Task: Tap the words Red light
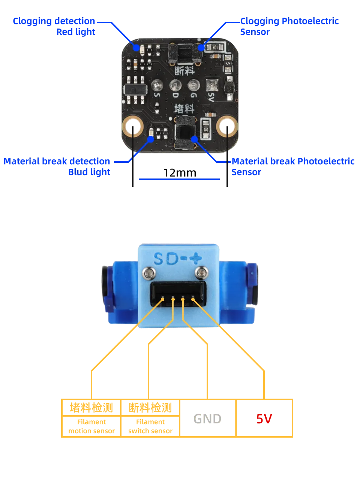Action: pos(76,32)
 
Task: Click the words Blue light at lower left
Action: pos(89,172)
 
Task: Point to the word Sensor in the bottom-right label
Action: pos(246,172)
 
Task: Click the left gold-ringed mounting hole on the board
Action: pos(132,127)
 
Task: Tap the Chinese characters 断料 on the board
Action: pos(184,69)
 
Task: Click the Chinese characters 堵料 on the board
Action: pos(184,109)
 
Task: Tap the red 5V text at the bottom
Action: pos(264,419)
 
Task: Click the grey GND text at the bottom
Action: pos(207,419)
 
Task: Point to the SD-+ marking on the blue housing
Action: pos(178,258)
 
